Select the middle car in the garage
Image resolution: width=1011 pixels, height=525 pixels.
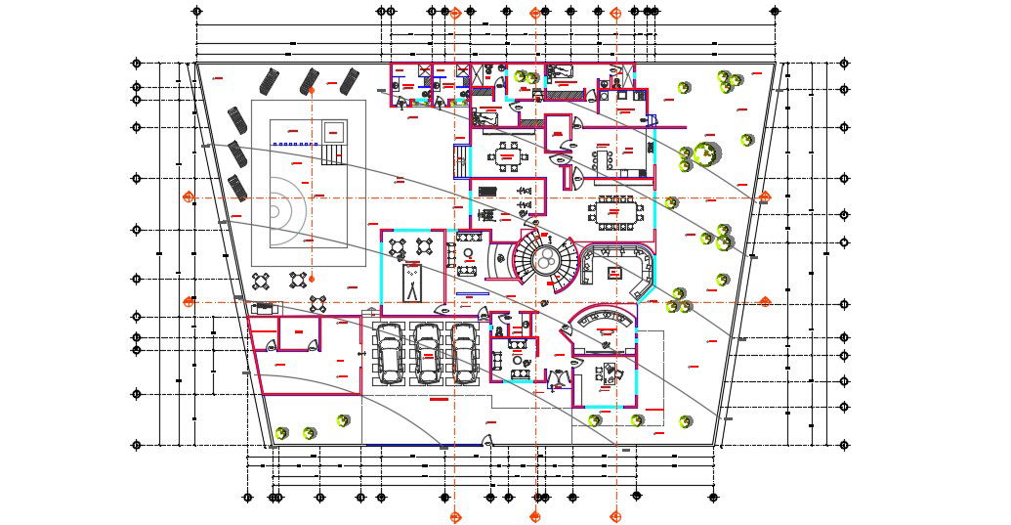click(x=427, y=352)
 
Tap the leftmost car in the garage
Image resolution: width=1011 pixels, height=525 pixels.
click(x=390, y=352)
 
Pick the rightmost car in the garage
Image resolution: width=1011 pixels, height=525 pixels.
click(x=464, y=352)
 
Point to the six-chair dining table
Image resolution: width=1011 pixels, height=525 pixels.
click(x=508, y=155)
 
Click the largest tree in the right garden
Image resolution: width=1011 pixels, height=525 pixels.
click(x=706, y=153)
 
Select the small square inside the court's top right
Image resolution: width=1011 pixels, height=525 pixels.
click(x=334, y=130)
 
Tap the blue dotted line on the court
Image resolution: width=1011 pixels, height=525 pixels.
click(x=297, y=144)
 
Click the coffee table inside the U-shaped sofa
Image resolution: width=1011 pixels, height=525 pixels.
click(x=614, y=272)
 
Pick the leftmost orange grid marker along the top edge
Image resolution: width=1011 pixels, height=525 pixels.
click(x=455, y=13)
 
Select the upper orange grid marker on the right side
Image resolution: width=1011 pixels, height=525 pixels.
click(x=765, y=197)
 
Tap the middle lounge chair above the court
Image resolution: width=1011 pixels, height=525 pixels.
click(x=311, y=80)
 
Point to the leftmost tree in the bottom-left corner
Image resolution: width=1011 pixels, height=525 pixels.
click(x=281, y=433)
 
